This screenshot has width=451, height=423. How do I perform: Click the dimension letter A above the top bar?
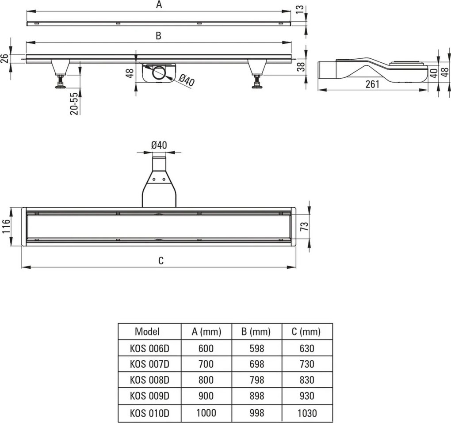pyautogui.click(x=159, y=4)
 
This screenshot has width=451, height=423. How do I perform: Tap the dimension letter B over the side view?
pyautogui.click(x=158, y=36)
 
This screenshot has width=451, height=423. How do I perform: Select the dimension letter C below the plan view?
pyautogui.click(x=161, y=260)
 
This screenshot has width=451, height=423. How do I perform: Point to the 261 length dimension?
pyautogui.click(x=372, y=84)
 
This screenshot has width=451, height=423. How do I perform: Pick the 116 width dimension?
pyautogui.click(x=6, y=226)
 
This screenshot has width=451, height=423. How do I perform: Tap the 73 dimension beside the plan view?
pyautogui.click(x=304, y=227)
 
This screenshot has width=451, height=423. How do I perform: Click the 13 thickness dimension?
pyautogui.click(x=300, y=9)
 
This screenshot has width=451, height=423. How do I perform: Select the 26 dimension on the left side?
pyautogui.click(x=4, y=59)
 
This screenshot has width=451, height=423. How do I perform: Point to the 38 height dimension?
pyautogui.click(x=301, y=67)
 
